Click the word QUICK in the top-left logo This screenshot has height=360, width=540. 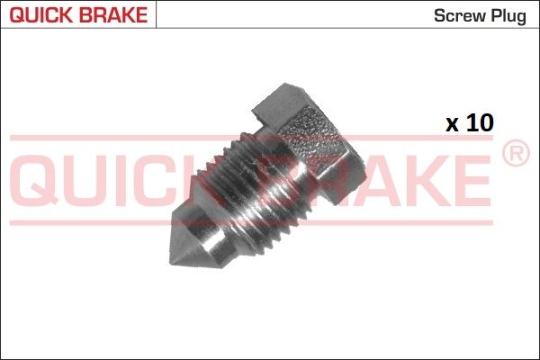click(41, 14)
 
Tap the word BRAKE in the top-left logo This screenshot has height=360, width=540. click(113, 14)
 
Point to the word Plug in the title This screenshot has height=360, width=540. click(508, 16)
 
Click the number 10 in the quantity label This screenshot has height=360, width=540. click(480, 123)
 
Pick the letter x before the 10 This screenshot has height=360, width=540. click(452, 125)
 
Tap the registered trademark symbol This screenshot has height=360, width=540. click(516, 153)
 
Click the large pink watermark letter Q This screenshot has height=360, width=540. click(35, 182)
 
